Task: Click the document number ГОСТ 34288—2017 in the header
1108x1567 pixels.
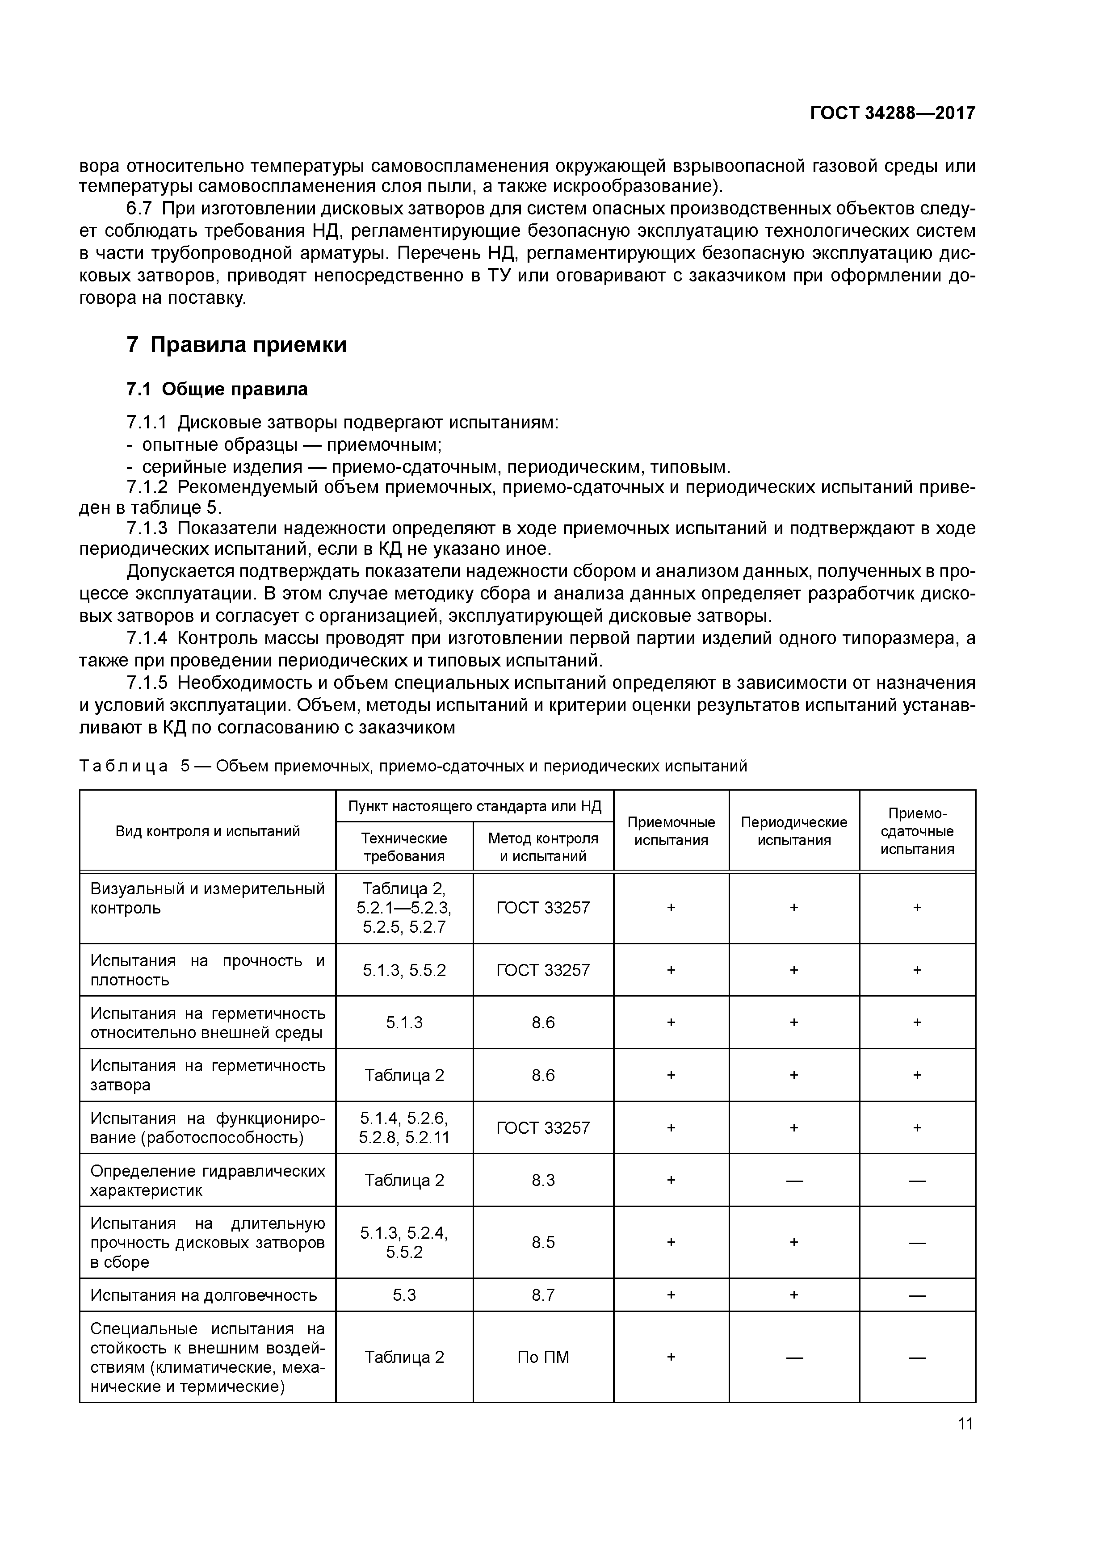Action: pos(892,113)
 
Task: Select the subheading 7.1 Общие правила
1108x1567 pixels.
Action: pos(217,389)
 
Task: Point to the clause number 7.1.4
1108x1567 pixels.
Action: pos(147,638)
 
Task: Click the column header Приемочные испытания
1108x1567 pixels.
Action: pos(671,830)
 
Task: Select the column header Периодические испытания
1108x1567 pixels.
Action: pos(793,830)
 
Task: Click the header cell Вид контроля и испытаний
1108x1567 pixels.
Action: pos(208,830)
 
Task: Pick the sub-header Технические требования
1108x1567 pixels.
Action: pos(404,846)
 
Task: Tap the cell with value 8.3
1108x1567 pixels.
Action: pos(543,1180)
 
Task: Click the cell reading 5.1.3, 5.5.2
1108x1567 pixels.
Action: pos(404,970)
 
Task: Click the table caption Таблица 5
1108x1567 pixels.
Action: pos(413,766)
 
